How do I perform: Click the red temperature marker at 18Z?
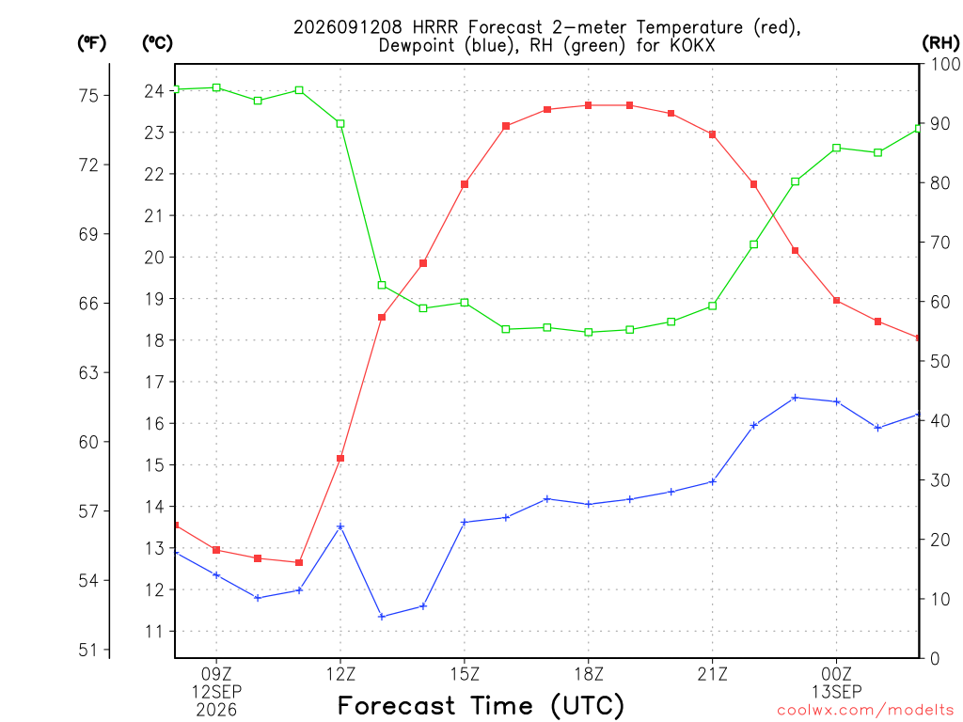pos(589,105)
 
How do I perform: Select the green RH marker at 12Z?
pos(340,123)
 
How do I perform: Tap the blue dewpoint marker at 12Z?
pos(340,526)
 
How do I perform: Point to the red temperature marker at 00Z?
pos(836,301)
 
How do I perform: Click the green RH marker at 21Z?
pos(713,306)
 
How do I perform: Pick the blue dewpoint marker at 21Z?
pos(713,482)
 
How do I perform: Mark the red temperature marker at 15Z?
pos(465,184)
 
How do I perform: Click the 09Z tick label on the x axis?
pos(216,674)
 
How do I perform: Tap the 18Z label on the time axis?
pos(589,674)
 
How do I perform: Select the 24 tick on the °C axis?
pos(154,91)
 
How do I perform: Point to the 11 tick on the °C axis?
pos(154,631)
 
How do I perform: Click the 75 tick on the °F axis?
pos(88,96)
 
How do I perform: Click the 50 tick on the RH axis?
pos(940,361)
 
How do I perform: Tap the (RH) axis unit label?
pos(940,43)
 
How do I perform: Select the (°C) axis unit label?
pos(157,43)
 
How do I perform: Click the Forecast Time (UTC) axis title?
pos(481,706)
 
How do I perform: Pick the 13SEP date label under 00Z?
pos(836,692)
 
